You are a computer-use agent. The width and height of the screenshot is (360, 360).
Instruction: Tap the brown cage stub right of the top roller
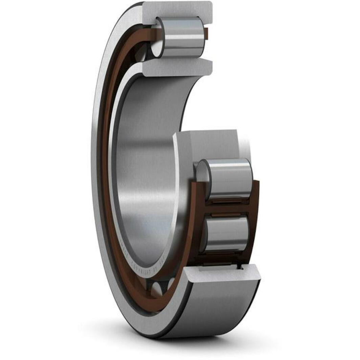tap(206, 32)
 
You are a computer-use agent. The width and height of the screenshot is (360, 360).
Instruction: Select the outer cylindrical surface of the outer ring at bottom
tap(210, 305)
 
